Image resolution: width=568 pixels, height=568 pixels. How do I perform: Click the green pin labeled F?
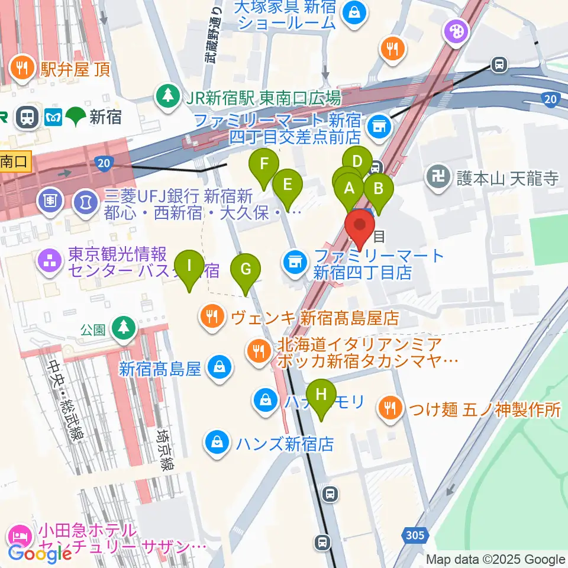(x=264, y=164)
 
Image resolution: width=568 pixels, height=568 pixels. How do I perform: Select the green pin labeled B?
(x=378, y=191)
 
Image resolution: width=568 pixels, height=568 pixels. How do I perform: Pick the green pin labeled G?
(x=246, y=270)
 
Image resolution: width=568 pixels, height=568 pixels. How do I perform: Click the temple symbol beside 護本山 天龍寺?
(x=437, y=178)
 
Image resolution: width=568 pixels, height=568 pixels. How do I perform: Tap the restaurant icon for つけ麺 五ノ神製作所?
(x=390, y=408)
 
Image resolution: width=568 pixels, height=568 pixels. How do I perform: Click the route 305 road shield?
(x=415, y=535)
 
